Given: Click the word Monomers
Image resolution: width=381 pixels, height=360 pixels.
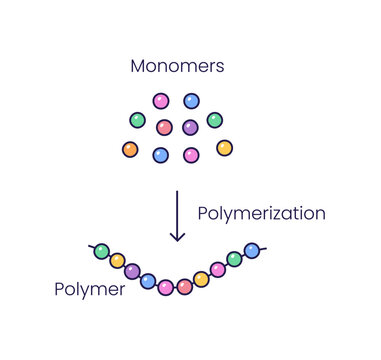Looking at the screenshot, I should point(176,67).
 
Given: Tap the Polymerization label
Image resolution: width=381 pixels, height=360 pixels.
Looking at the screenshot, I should point(261,213).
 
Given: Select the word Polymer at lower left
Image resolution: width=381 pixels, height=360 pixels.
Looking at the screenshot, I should point(90,290).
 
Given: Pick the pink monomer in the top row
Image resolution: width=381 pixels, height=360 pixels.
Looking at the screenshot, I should point(161,101).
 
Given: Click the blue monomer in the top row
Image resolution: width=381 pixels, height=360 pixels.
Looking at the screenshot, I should point(191,101).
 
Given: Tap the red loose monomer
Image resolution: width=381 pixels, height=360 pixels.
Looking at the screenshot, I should point(164,127).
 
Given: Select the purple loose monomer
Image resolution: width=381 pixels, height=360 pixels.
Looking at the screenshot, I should point(190,127).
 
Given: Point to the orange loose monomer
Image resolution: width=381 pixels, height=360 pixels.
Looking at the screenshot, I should point(130,150).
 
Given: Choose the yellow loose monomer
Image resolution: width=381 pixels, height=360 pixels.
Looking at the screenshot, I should point(224,148).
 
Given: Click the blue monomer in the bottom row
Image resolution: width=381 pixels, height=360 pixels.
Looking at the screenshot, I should point(160,155).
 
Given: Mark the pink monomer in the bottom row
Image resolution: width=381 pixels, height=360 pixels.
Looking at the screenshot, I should point(191,155).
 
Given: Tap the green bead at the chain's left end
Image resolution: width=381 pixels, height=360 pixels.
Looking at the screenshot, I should point(101,251).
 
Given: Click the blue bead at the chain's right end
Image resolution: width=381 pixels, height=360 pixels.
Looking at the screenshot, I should point(252,250).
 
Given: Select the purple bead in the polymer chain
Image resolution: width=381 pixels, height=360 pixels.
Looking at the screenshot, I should point(132,271).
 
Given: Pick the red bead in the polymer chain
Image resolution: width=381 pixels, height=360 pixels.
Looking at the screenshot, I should point(184,287).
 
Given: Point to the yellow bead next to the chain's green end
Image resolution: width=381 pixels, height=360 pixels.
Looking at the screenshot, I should point(117,261).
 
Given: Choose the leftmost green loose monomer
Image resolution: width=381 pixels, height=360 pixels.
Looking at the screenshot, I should point(137,120).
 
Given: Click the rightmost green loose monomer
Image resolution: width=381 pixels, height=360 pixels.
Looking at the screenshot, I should point(214,120).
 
